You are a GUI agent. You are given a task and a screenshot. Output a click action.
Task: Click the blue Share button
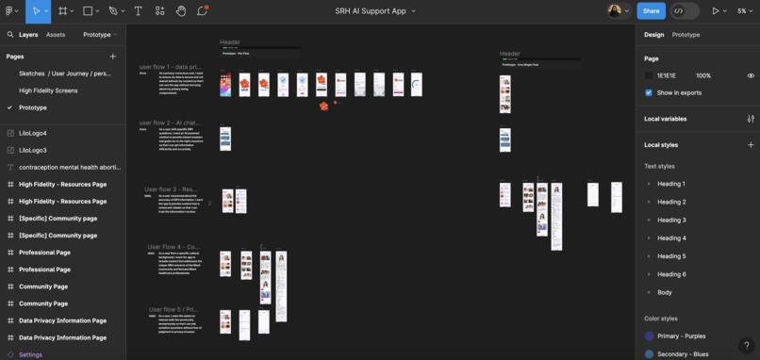click(x=651, y=11)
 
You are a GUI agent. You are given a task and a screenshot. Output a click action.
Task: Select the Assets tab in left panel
click(x=56, y=35)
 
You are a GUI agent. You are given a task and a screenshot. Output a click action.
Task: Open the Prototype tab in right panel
click(x=686, y=35)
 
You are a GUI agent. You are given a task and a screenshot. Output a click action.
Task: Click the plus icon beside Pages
click(x=113, y=57)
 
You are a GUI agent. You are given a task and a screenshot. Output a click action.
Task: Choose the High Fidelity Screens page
click(x=48, y=90)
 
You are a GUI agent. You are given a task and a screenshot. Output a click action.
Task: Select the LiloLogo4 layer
click(x=33, y=133)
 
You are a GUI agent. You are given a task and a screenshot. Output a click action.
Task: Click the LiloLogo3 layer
click(x=33, y=150)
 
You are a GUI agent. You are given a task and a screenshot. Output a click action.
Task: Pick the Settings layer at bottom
click(x=30, y=354)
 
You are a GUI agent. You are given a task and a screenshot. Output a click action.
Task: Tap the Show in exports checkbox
click(x=649, y=92)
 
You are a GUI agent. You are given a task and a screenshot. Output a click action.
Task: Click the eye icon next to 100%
click(x=751, y=75)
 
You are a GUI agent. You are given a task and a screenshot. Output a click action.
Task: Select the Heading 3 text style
click(x=671, y=220)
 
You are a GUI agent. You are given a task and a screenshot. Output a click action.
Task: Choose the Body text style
click(x=665, y=292)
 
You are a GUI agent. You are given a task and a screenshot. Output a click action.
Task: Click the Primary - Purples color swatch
click(x=650, y=335)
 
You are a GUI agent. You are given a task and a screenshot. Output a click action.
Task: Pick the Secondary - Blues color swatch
click(x=650, y=353)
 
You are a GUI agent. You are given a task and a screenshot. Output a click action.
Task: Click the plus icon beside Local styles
click(x=751, y=145)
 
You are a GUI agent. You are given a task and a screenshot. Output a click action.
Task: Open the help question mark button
click(x=746, y=346)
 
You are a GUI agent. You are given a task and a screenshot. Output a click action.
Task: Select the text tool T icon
click(x=138, y=11)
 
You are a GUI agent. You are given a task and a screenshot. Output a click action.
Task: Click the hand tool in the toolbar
click(x=181, y=11)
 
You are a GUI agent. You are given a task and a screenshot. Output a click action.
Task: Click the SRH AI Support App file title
click(x=371, y=11)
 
